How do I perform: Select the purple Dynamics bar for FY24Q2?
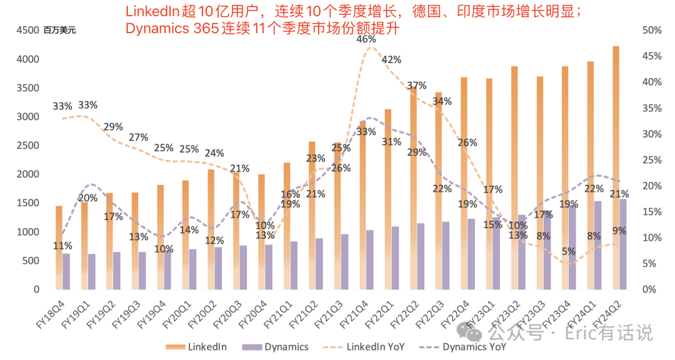point(622,244)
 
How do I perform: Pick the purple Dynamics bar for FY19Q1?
point(92,271)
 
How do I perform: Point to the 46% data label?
point(366,39)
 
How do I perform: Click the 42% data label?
point(391,59)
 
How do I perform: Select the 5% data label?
point(568,251)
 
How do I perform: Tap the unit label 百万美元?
point(60,31)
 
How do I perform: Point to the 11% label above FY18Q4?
point(62,246)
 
